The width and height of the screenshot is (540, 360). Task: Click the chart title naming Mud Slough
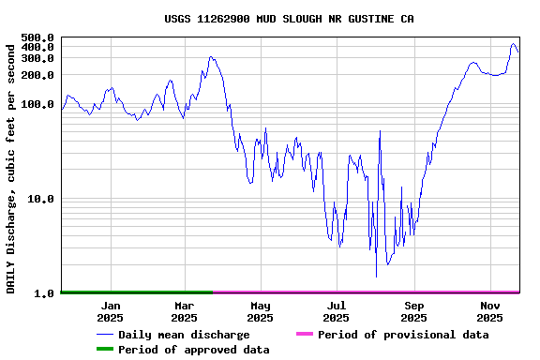pyautogui.click(x=289, y=19)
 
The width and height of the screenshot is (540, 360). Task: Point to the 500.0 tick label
pyautogui.click(x=37, y=38)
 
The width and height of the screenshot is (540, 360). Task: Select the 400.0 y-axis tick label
pyautogui.click(x=37, y=47)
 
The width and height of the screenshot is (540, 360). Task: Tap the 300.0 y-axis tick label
pyautogui.click(x=37, y=58)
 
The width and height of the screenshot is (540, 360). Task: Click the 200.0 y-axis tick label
pyautogui.click(x=37, y=75)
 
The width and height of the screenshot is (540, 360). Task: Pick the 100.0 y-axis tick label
pyautogui.click(x=37, y=104)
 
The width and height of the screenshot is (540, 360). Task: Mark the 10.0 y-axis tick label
pyautogui.click(x=41, y=199)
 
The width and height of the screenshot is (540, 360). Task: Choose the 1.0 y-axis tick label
pyautogui.click(x=44, y=293)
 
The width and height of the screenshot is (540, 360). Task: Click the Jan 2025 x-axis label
pyautogui.click(x=111, y=311)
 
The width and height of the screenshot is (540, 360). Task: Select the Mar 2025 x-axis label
pyautogui.click(x=185, y=311)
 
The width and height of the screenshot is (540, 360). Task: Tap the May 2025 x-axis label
pyautogui.click(x=261, y=311)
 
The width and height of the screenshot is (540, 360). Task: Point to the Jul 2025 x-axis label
pyautogui.click(x=337, y=311)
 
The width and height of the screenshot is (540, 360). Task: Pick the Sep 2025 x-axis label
pyautogui.click(x=414, y=311)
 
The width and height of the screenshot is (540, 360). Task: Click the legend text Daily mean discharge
pyautogui.click(x=184, y=335)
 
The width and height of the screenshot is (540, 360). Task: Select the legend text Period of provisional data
pyautogui.click(x=403, y=335)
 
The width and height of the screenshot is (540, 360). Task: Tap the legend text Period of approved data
pyautogui.click(x=194, y=350)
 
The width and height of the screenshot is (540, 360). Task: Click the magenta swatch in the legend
pyautogui.click(x=304, y=334)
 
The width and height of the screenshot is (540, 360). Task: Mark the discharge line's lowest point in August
pyautogui.click(x=376, y=277)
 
